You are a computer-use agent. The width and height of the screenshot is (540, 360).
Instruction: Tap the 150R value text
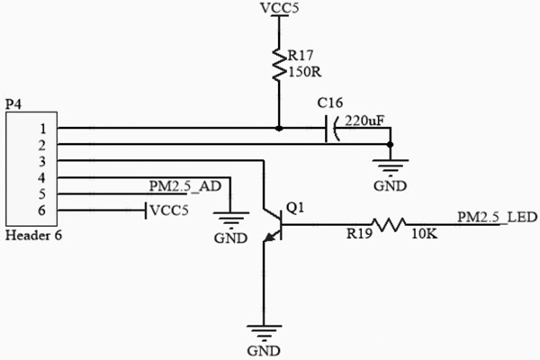tap(303, 71)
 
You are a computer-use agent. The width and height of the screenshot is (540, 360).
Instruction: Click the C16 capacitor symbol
tap(328, 129)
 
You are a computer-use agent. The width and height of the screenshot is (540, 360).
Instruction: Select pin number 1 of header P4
tap(40, 129)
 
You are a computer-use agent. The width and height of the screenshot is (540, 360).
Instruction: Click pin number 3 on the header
tap(40, 161)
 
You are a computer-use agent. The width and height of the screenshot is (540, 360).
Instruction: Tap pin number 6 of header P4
tap(40, 210)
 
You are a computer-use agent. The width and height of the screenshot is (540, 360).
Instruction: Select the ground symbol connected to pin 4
tap(230, 219)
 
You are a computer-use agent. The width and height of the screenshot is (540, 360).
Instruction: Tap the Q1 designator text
tap(294, 208)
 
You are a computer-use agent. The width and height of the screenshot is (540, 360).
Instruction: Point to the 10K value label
tap(425, 236)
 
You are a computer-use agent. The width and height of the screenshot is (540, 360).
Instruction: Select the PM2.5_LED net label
tap(497, 217)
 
